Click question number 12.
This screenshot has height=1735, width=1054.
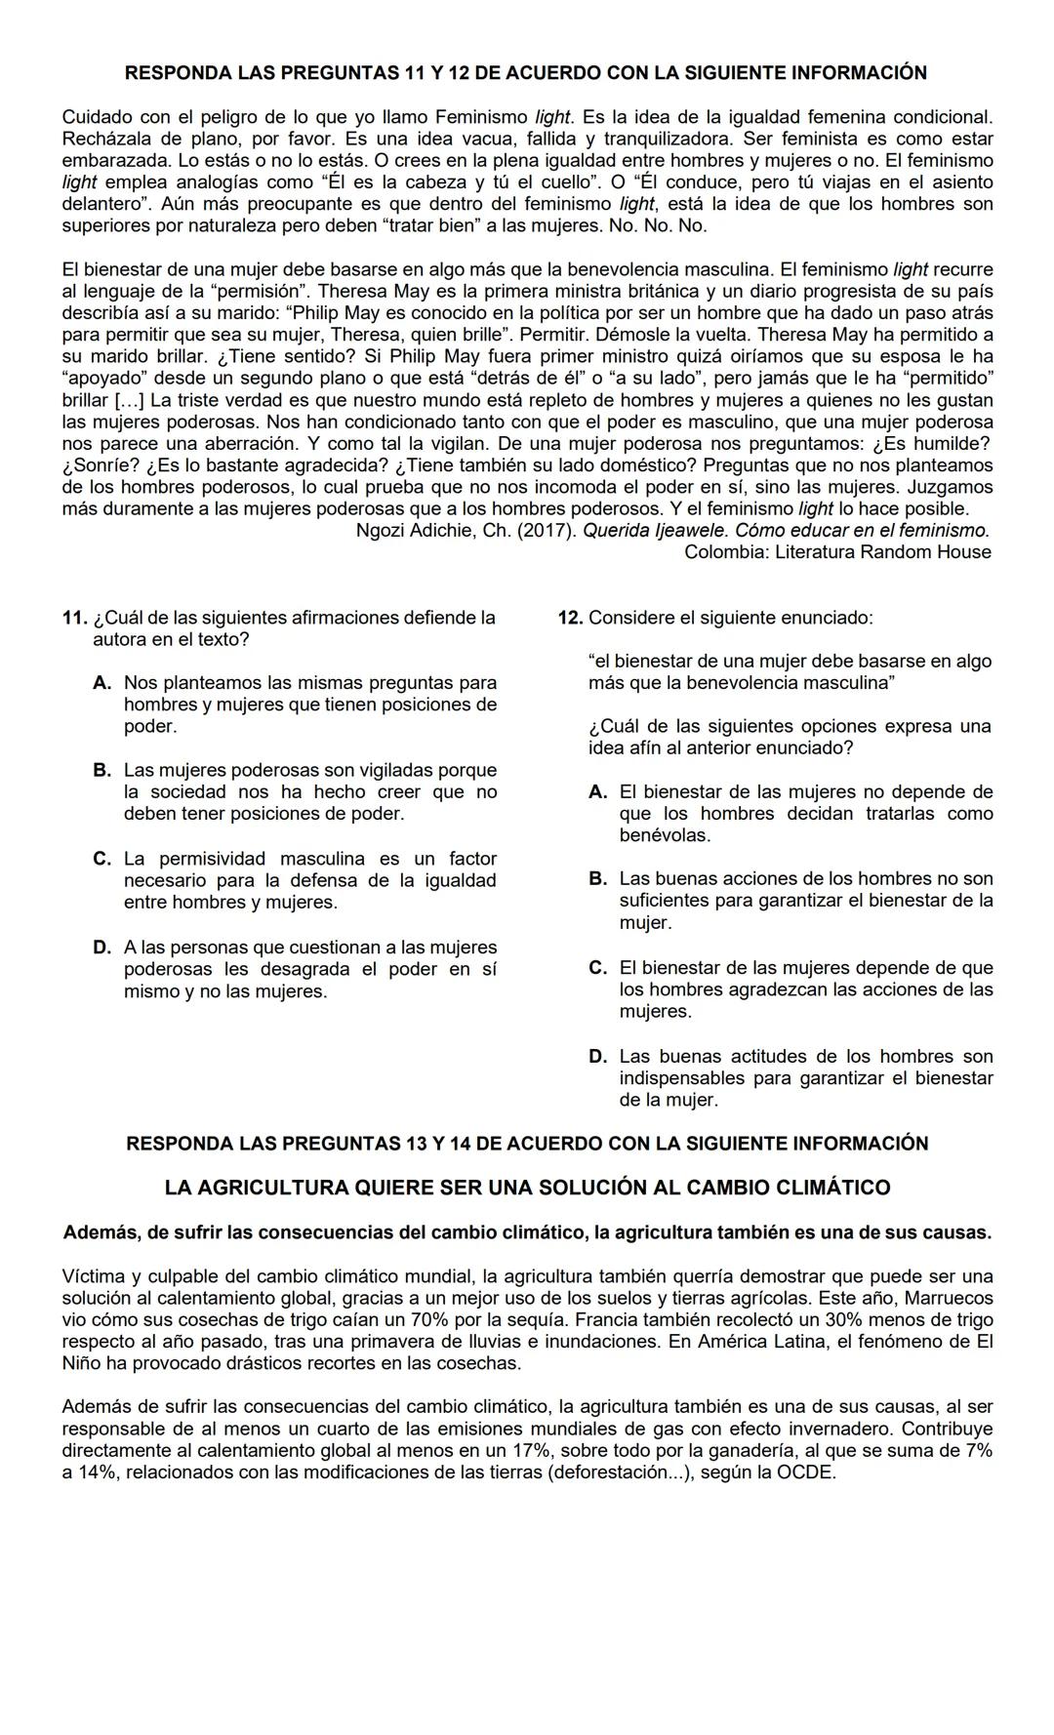point(570,618)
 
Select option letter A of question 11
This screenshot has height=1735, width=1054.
point(102,683)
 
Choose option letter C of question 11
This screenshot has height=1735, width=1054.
point(102,859)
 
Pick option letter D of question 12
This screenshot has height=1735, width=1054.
point(597,1057)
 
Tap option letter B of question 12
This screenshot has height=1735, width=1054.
point(597,879)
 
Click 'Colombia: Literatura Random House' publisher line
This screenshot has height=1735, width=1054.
point(837,552)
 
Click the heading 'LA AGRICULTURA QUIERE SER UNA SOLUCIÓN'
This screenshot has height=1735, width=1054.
point(527,1188)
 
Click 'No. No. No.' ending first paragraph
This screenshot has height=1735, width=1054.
point(663,225)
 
